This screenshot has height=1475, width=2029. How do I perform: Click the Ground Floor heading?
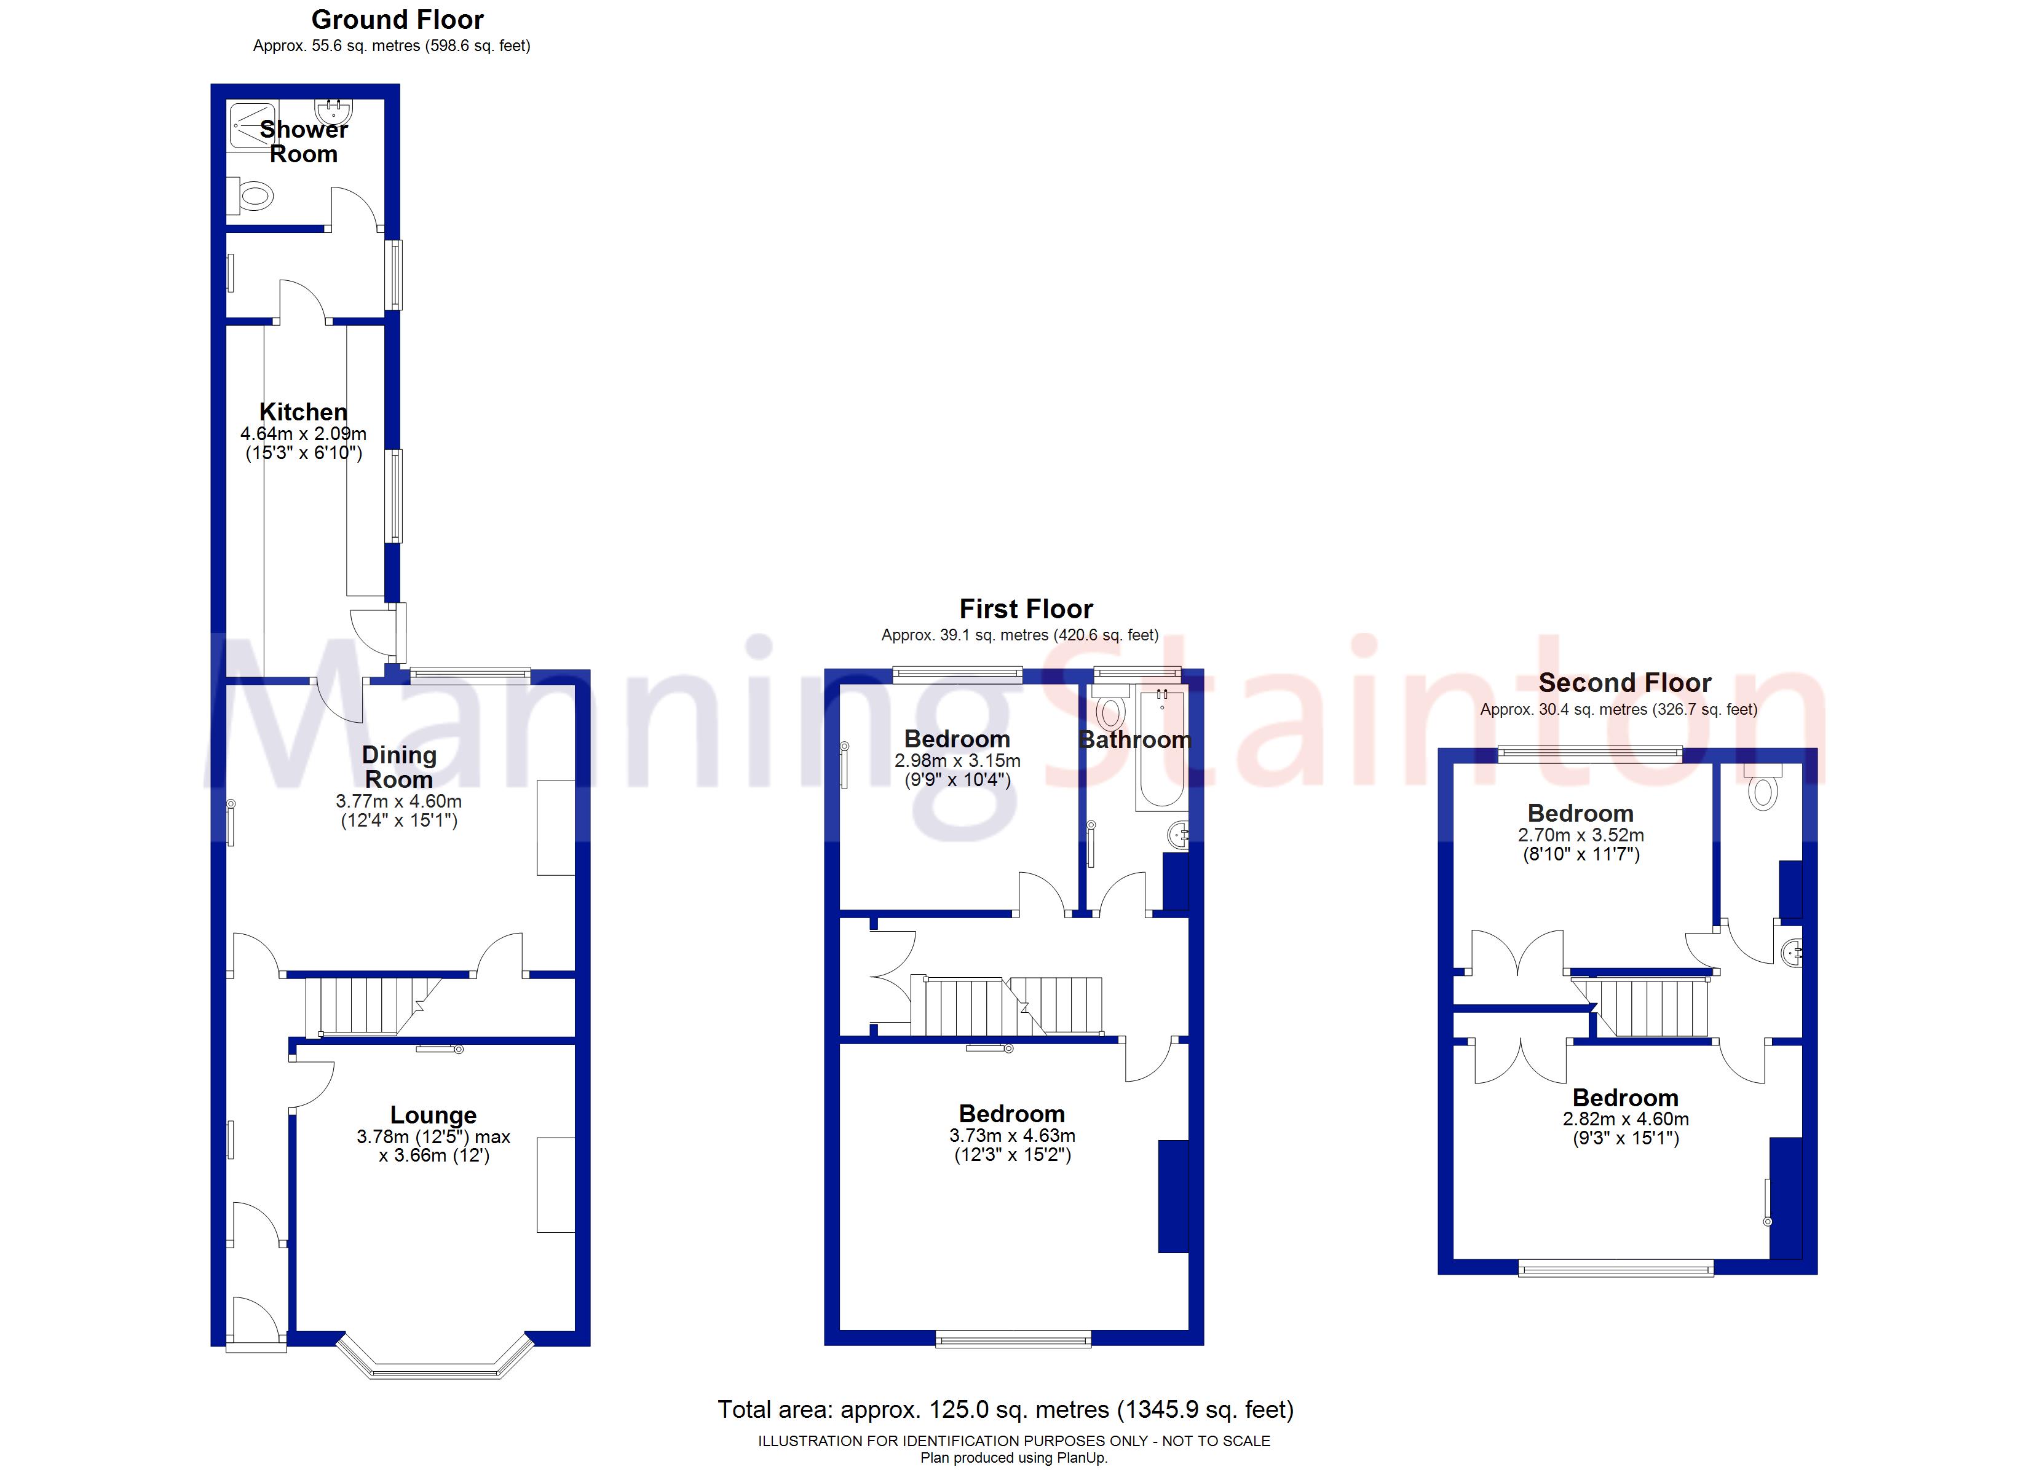397,20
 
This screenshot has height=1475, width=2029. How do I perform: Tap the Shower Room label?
303,141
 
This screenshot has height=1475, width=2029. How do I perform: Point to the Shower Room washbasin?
342,111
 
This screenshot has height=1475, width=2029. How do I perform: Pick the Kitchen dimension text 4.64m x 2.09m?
303,434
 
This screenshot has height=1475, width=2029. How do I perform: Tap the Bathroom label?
1134,740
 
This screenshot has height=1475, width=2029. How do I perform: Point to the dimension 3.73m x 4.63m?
1012,1135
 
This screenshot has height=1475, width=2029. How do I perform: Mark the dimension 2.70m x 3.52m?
1580,835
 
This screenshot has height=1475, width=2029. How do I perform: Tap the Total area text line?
1005,1410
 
